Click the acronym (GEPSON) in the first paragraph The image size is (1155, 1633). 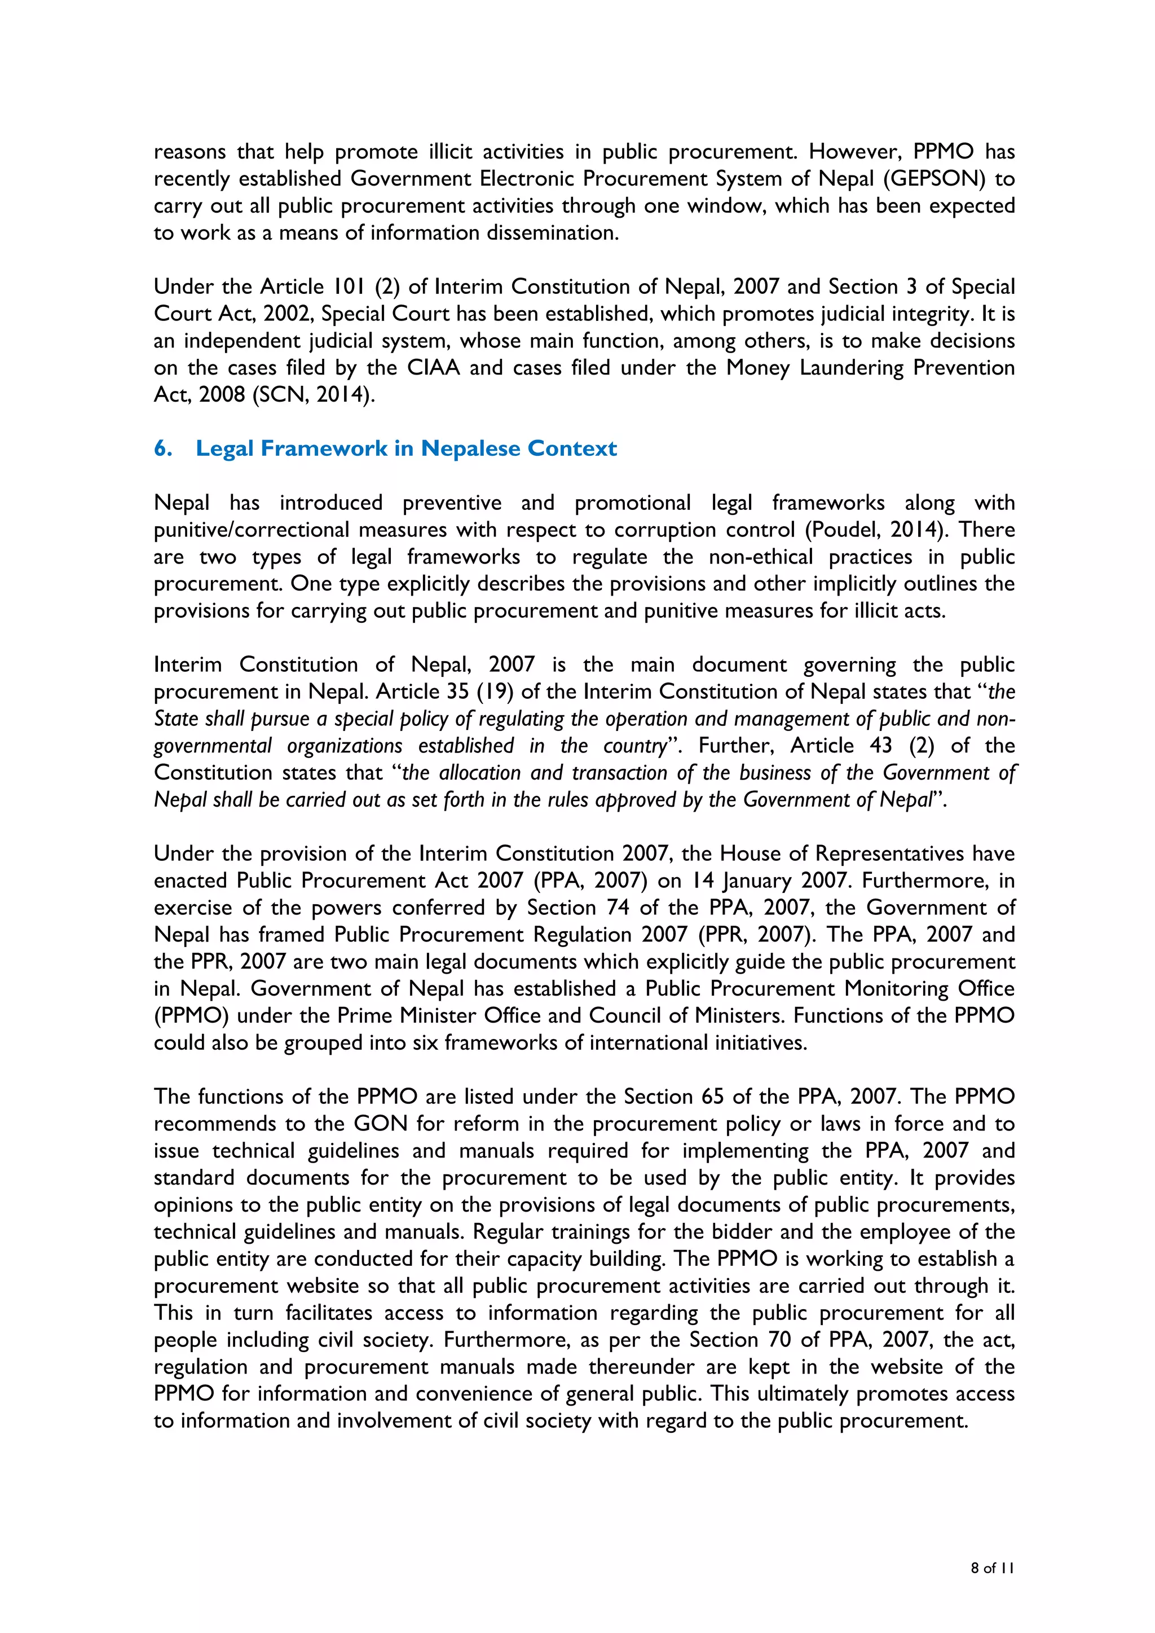tap(934, 178)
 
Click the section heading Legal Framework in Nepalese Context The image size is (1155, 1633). tap(406, 449)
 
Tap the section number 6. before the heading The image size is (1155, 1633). tap(163, 449)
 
